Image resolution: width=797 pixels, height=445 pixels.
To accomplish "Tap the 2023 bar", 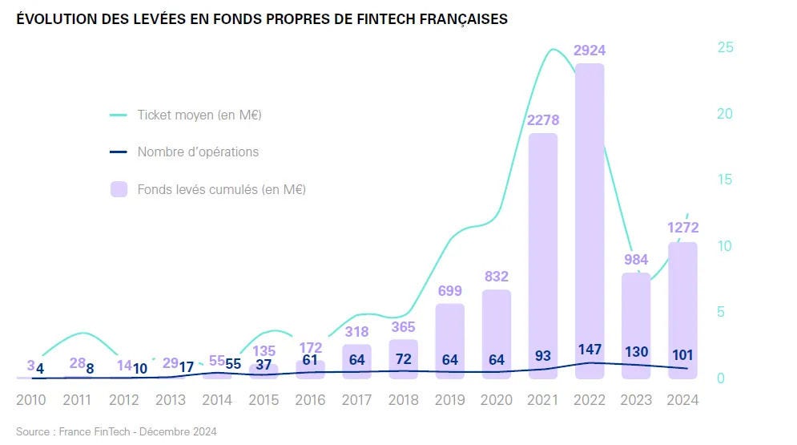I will [636, 321].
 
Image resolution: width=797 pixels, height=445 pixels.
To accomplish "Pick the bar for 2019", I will [450, 337].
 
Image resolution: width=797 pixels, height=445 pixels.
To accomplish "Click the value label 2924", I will [590, 51].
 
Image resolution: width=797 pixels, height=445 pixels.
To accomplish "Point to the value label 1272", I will [682, 229].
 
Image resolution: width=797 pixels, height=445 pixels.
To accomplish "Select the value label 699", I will [450, 290].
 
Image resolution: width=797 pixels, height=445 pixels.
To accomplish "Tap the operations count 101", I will [682, 354].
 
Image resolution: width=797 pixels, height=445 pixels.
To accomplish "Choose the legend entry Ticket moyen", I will [199, 115].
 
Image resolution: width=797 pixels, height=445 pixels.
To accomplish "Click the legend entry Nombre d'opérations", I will [198, 152].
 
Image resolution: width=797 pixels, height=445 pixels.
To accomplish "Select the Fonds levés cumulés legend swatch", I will [119, 189].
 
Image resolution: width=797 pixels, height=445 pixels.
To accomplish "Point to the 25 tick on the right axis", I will [725, 47].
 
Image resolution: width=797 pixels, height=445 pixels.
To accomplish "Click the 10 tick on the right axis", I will [725, 245].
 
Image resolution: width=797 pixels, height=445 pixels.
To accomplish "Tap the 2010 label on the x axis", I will [30, 399].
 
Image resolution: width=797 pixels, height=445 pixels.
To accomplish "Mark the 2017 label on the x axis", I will [357, 399].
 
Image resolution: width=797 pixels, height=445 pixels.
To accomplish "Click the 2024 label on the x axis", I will [682, 399].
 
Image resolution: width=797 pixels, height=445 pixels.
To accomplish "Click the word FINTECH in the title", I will [377, 19].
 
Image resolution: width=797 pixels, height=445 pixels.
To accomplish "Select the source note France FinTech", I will [115, 431].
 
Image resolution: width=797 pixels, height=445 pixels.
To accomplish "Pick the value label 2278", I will [543, 120].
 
